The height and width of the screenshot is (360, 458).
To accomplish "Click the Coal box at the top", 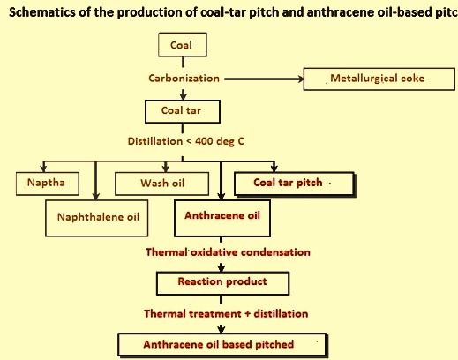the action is point(183,45).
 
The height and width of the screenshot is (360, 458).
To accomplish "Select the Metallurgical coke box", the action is point(379,79).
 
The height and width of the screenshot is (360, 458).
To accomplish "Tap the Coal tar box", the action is point(183,111).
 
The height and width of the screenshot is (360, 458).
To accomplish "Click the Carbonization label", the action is point(184,79).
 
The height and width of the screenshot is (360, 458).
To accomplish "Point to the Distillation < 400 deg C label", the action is point(186,141).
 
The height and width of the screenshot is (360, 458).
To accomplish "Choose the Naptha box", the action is point(48,184).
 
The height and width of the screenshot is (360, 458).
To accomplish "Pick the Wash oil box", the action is point(162,184).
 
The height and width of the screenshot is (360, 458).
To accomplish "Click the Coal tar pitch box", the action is point(295,184).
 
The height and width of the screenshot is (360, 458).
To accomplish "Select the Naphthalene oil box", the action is point(97,218).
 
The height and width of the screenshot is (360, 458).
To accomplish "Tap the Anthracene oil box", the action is point(222,218).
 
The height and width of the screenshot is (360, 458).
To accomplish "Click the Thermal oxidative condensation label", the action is point(228,252).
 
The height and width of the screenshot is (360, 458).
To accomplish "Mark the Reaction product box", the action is point(223,283).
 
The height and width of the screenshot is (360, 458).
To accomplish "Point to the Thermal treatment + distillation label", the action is point(226,313).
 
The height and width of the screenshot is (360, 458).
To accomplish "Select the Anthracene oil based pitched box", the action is point(222,345).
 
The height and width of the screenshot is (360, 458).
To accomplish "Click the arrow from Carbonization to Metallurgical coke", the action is point(264,79).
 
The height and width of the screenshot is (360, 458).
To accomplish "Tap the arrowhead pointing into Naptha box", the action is point(43,169).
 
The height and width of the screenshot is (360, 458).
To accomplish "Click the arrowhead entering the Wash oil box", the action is point(166,169).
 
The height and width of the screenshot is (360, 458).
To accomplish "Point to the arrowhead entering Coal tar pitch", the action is point(274,169).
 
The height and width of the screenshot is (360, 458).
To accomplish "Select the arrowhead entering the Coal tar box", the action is point(183,95).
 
